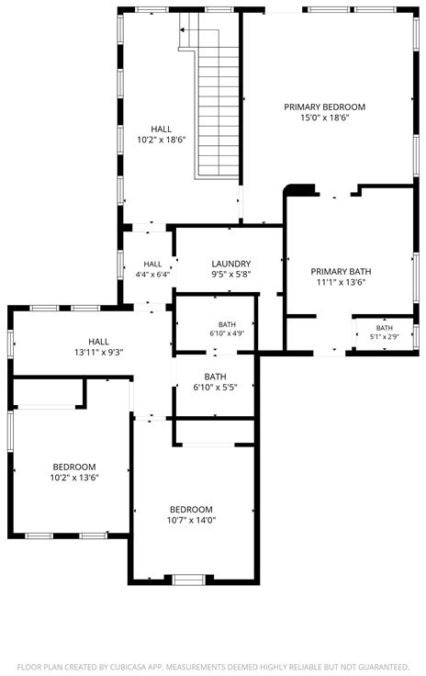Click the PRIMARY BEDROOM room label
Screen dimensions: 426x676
pyautogui.click(x=324, y=107)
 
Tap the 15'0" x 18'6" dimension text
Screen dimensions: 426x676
pyautogui.click(x=324, y=118)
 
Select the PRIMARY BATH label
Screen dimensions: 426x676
pyautogui.click(x=341, y=272)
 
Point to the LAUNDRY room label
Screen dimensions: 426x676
pyautogui.click(x=230, y=264)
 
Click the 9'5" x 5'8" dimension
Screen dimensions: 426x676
pyautogui.click(x=230, y=275)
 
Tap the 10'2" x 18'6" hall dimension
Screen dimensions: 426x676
pyautogui.click(x=161, y=140)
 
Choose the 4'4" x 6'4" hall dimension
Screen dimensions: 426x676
pyautogui.click(x=152, y=275)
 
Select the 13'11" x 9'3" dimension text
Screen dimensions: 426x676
pyautogui.click(x=98, y=352)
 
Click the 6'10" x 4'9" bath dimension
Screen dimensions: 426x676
pyautogui.click(x=227, y=333)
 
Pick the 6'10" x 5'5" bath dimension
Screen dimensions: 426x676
pyautogui.click(x=215, y=388)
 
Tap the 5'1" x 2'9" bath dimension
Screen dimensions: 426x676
pyautogui.click(x=384, y=337)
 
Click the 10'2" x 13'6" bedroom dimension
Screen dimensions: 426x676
pyautogui.click(x=74, y=478)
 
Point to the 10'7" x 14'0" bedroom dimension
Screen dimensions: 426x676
pyautogui.click(x=191, y=520)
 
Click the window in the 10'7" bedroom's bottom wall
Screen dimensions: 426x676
pyautogui.click(x=188, y=580)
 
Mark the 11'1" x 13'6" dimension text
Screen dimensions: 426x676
pyautogui.click(x=341, y=282)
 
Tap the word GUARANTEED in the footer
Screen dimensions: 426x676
pyautogui.click(x=383, y=667)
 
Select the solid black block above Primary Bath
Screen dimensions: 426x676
pyautogui.click(x=301, y=189)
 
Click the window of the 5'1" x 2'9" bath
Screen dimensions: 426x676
pyautogui.click(x=415, y=336)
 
